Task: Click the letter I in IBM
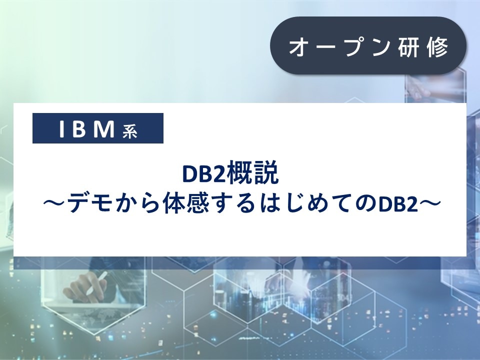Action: coord(61,129)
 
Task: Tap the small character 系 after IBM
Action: coord(129,131)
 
